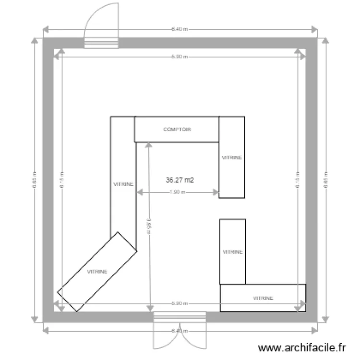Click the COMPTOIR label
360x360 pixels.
click(177, 130)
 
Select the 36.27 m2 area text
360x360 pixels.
click(180, 180)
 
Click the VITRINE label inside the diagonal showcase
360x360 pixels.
click(97, 272)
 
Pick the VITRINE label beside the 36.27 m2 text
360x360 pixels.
click(123, 184)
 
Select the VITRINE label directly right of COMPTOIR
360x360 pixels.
click(232, 157)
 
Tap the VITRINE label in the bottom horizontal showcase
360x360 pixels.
click(263, 298)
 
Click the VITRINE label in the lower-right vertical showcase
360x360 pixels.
click(233, 252)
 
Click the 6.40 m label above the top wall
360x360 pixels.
click(179, 29)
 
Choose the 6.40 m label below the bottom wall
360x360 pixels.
click(179, 331)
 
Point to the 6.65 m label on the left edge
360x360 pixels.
click(35, 180)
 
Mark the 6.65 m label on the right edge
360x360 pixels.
click(325, 180)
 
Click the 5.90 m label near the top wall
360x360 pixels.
click(179, 57)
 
